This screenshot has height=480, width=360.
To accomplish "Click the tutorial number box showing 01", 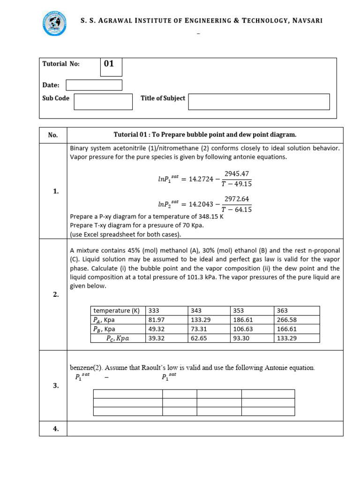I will click(x=111, y=67).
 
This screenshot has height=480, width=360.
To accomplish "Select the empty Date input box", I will click(x=94, y=85).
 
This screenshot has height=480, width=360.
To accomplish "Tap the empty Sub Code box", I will click(x=103, y=101).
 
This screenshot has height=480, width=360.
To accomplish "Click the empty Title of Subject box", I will click(x=259, y=101).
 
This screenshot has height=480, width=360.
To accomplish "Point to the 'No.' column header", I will click(x=53, y=135).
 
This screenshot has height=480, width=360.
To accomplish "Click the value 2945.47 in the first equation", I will click(x=237, y=173).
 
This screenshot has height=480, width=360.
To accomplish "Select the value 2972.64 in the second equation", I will click(x=237, y=198).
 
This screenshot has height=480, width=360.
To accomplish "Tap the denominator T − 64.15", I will click(x=237, y=210).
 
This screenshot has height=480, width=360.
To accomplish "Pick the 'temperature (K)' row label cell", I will click(x=117, y=311).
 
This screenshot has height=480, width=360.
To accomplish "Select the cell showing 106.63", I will click(x=241, y=329).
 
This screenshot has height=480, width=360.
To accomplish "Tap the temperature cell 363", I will click(x=283, y=311).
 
